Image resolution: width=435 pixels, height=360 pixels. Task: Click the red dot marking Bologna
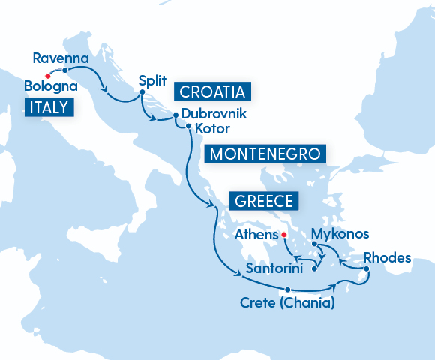(x=47, y=75)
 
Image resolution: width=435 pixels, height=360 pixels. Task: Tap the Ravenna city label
(x=61, y=58)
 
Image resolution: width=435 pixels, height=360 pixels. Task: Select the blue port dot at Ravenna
(x=65, y=70)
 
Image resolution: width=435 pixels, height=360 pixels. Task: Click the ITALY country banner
(x=49, y=108)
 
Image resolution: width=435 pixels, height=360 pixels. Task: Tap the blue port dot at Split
(x=142, y=94)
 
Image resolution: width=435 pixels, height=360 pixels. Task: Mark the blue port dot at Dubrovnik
(x=175, y=115)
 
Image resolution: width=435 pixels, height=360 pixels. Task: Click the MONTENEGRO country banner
(x=265, y=154)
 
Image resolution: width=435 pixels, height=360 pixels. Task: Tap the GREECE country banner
(x=263, y=201)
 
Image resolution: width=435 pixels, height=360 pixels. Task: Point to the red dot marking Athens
(x=284, y=235)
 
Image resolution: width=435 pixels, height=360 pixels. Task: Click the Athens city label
(x=255, y=235)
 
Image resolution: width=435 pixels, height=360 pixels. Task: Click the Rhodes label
(x=387, y=258)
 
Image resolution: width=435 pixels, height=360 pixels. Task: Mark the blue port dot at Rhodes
(x=366, y=269)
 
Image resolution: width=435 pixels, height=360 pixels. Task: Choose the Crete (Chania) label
(x=287, y=304)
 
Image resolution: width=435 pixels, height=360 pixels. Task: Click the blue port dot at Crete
(x=287, y=290)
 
